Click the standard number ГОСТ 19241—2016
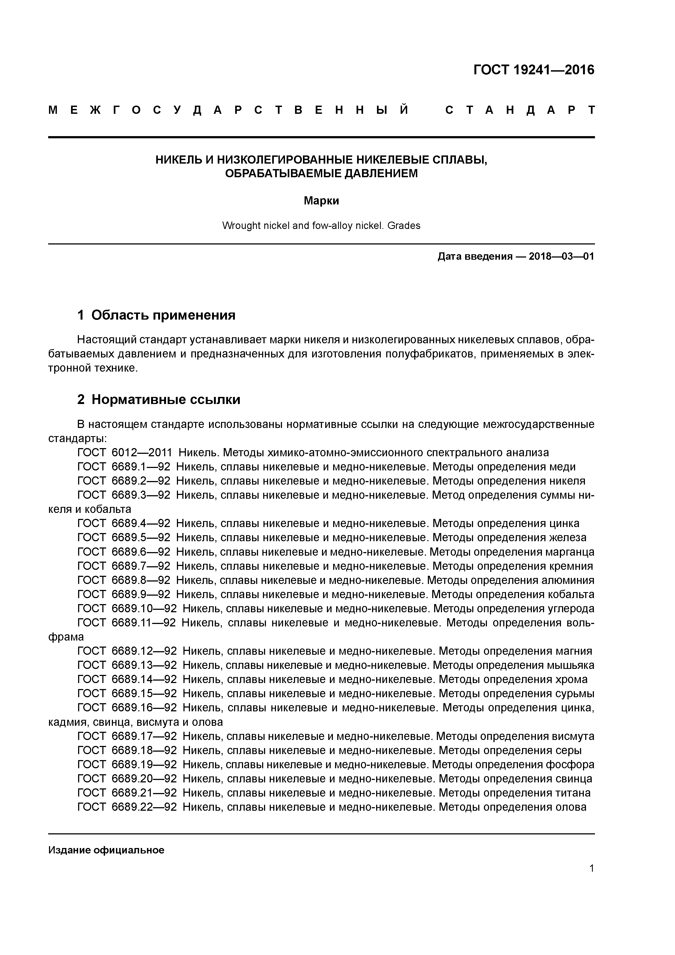[534, 70]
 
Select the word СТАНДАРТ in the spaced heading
[520, 110]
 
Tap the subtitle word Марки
[321, 201]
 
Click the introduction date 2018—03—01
[562, 256]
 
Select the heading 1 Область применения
[157, 315]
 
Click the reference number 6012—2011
[142, 452]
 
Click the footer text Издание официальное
[106, 850]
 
